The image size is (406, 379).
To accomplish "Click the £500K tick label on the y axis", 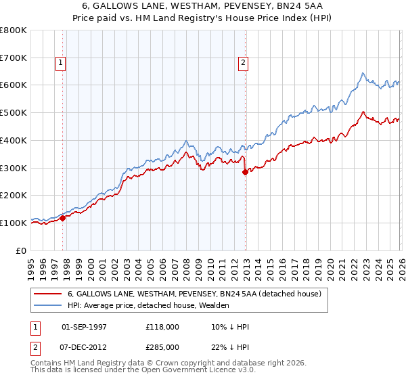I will click(x=14, y=113).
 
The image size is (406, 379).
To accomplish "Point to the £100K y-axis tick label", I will click(x=14, y=223).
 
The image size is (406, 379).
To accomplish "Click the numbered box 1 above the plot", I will click(x=60, y=63).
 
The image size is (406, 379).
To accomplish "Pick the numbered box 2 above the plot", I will click(x=242, y=63).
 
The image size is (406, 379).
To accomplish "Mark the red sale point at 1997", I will click(x=63, y=218).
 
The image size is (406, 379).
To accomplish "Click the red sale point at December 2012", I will click(x=245, y=173).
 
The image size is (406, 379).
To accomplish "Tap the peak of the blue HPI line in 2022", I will click(x=363, y=73).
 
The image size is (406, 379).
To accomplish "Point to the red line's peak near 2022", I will click(x=363, y=112).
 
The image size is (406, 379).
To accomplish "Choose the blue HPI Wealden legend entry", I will click(x=148, y=305).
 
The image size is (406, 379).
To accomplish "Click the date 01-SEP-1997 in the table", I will click(x=84, y=327).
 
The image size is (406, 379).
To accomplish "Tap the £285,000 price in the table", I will click(x=162, y=347).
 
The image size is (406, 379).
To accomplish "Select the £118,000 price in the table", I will click(x=162, y=327).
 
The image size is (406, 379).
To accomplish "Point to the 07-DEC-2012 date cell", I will click(x=84, y=347).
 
